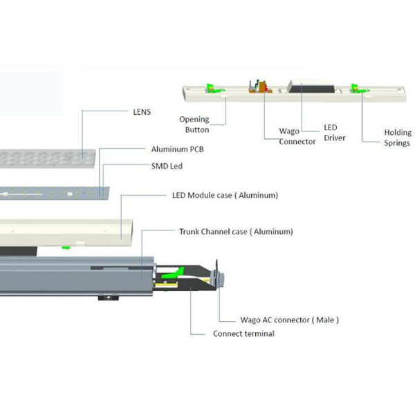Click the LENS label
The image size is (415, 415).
point(142,111)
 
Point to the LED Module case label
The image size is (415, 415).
point(225,196)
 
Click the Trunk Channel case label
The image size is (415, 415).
point(236,231)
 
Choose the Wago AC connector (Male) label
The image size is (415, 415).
point(289,320)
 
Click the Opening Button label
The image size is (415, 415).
point(194,124)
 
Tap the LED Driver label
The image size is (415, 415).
point(331,133)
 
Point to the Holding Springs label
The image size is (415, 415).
point(397,137)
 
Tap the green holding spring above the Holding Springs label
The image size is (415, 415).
point(356,89)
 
